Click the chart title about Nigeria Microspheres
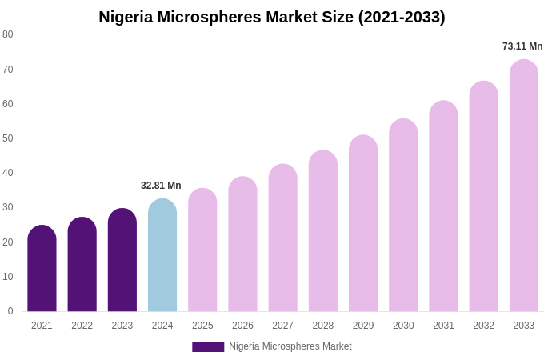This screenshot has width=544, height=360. click(x=272, y=17)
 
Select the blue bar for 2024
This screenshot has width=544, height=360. click(x=162, y=256)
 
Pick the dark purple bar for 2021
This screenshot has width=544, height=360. click(x=42, y=269)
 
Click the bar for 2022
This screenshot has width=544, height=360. click(x=82, y=265)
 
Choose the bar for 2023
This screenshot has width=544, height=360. click(x=122, y=261)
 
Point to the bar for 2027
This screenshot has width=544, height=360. click(x=282, y=238)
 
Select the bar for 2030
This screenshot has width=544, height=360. click(x=403, y=216)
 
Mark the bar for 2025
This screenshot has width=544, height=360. click(x=202, y=250)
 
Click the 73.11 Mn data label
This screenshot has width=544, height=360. click(x=522, y=46)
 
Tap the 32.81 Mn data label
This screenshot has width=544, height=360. click(x=161, y=186)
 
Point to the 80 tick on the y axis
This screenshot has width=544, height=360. click(x=8, y=34)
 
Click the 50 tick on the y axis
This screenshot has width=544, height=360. click(x=8, y=138)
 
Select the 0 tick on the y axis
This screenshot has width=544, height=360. click(x=10, y=311)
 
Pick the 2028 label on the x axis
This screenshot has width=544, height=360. click(x=323, y=326)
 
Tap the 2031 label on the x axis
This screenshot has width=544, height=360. click(x=443, y=326)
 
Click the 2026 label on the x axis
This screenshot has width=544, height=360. click(x=242, y=326)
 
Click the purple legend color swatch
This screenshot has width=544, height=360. click(x=208, y=347)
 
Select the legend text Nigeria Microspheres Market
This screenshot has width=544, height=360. click(x=290, y=346)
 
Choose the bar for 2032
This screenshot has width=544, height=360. click(x=483, y=197)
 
